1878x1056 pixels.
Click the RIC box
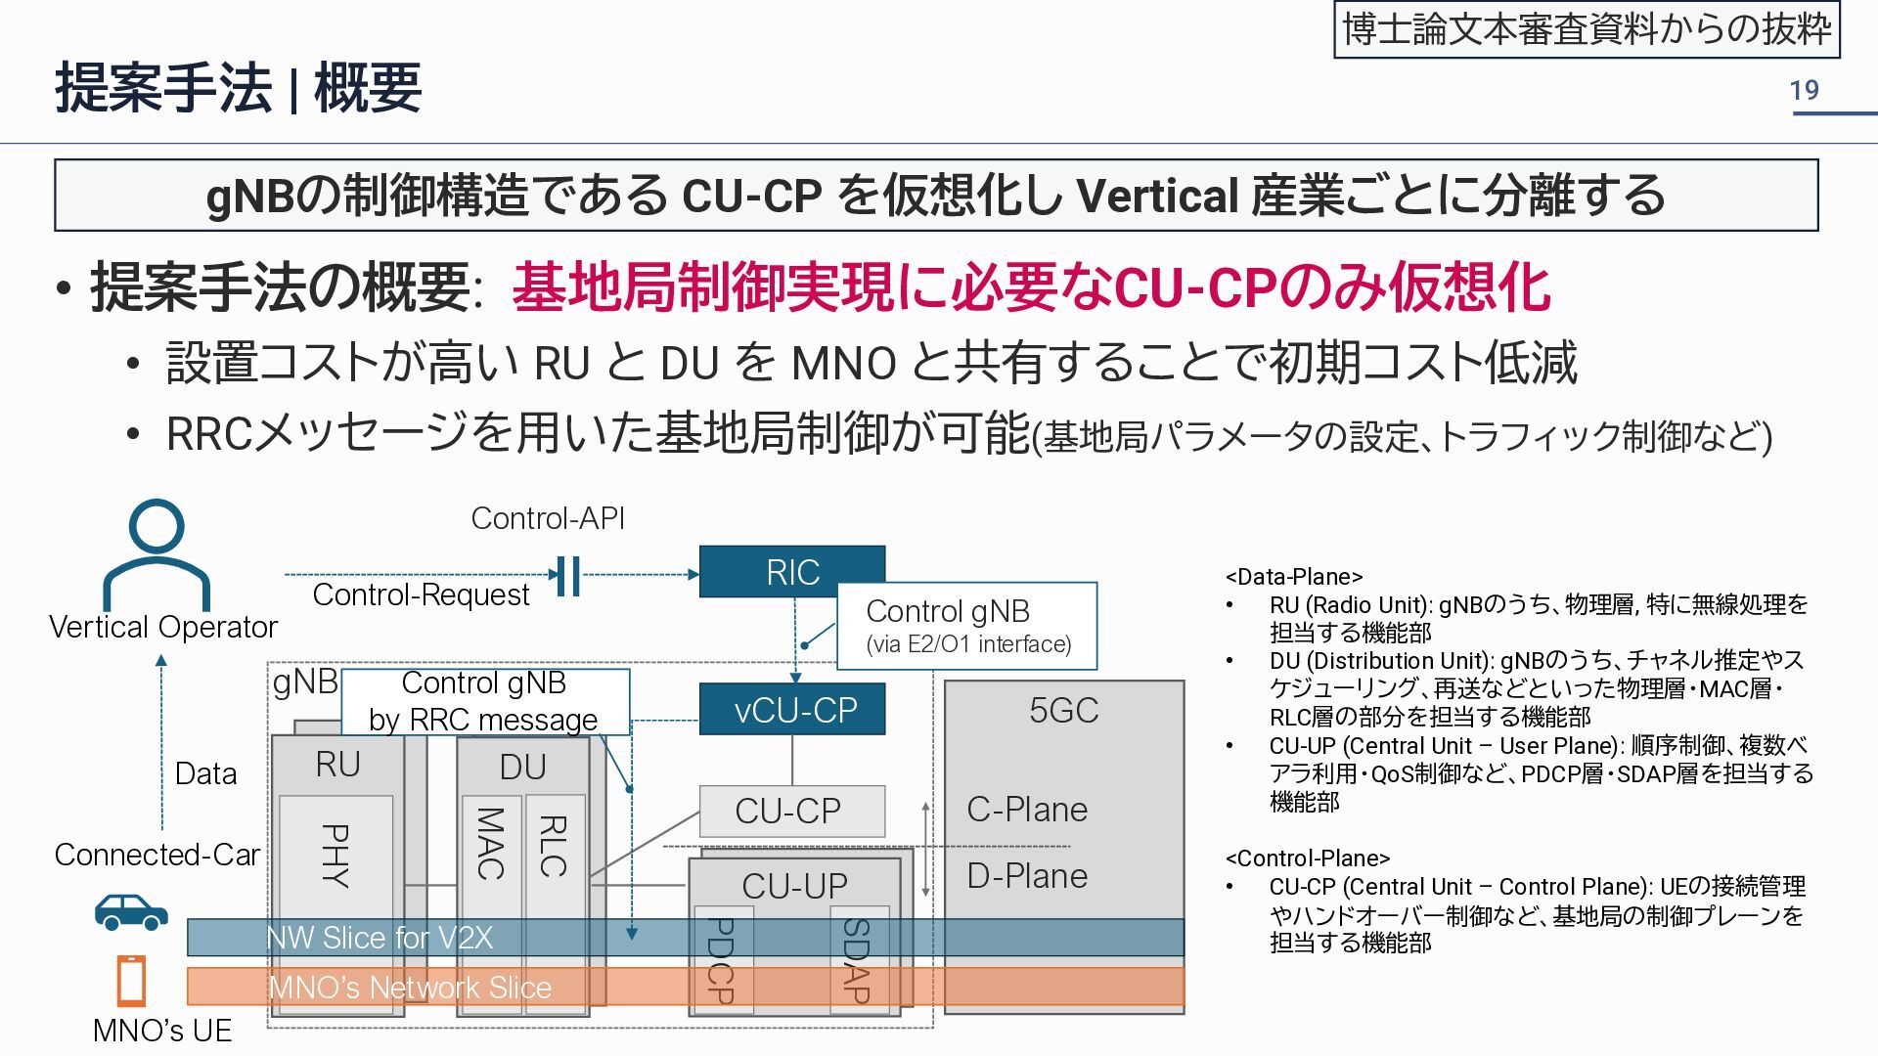point(791,571)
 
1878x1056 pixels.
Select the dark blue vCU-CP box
point(791,710)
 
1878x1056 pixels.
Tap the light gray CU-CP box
point(791,811)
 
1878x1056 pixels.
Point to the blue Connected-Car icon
point(131,911)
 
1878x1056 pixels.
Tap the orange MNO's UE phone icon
point(131,981)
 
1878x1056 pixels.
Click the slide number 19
point(1804,91)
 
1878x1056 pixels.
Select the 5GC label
point(1063,711)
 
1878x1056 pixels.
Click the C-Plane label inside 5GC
point(1027,810)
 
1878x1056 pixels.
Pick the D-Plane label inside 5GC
point(1027,876)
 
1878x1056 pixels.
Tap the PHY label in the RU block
point(335,856)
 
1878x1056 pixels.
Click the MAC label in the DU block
point(490,843)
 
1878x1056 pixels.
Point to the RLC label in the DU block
point(554,847)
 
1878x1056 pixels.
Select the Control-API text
point(548,518)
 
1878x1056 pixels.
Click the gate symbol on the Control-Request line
point(567,576)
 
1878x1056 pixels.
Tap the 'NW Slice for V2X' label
point(380,938)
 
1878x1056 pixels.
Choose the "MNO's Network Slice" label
point(410,988)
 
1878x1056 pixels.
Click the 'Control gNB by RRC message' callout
point(484,701)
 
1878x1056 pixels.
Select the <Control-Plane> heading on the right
point(1307,858)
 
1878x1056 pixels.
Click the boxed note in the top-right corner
point(1587,30)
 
